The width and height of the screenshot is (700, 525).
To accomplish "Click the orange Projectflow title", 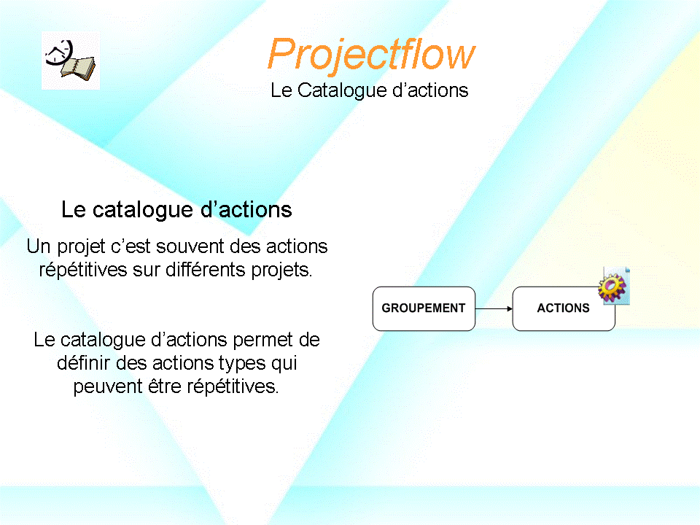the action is click(x=371, y=55).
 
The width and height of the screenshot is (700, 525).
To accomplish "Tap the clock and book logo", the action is click(x=71, y=61).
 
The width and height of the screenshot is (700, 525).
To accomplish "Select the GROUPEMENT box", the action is click(x=424, y=308).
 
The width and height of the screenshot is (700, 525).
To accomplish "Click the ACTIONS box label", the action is click(x=563, y=308).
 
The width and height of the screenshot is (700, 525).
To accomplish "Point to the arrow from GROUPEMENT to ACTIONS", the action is click(x=494, y=308).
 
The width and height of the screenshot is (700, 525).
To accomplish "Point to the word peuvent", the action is click(x=108, y=386).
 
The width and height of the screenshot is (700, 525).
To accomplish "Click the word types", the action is click(x=242, y=363).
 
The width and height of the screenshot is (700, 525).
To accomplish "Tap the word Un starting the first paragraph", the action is click(x=39, y=246).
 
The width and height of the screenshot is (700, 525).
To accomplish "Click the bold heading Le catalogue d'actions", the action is click(x=176, y=210).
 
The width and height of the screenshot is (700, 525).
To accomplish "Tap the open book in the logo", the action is click(x=79, y=69).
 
